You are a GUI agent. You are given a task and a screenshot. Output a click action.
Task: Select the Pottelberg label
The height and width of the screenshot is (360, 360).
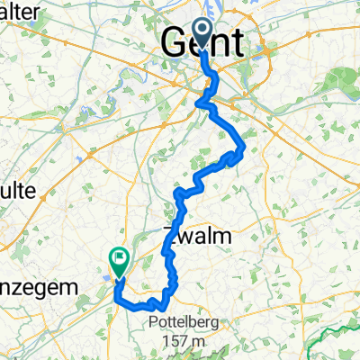[176, 322]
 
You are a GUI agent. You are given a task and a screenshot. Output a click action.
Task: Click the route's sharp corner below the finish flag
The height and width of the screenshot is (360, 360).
[118, 303]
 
